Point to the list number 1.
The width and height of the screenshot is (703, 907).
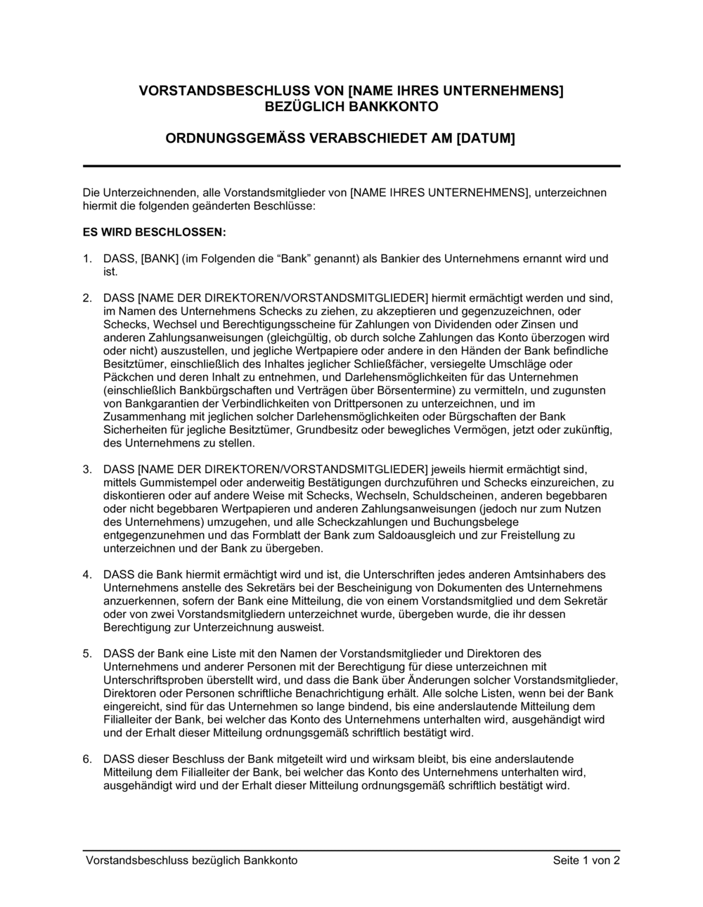[86, 258]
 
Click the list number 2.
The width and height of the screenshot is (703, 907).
[86, 297]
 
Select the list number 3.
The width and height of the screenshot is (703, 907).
[86, 469]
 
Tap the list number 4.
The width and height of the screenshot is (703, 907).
[86, 574]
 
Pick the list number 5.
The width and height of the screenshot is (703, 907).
[86, 653]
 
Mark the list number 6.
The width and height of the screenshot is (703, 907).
[86, 759]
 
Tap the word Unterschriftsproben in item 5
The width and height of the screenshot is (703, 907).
[150, 680]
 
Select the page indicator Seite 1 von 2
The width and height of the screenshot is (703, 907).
[586, 861]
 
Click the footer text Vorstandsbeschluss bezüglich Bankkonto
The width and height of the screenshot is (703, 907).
[191, 861]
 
